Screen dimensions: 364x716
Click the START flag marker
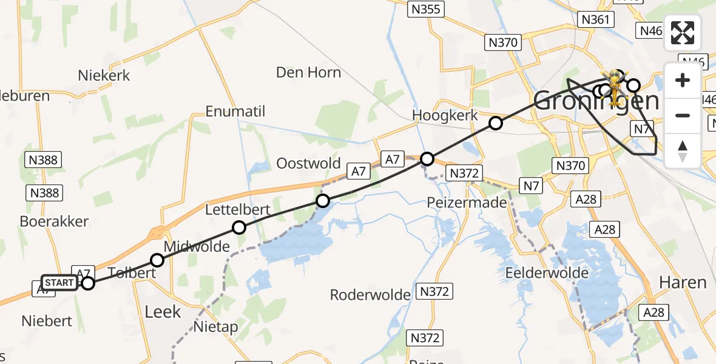(x=59, y=283)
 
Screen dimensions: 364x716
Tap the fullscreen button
(x=683, y=33)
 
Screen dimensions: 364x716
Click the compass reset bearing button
(x=683, y=150)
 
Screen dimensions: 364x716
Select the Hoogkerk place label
(x=445, y=115)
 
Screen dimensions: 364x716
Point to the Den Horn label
(x=308, y=73)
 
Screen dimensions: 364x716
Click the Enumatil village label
(x=235, y=112)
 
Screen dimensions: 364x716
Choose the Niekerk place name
(x=104, y=76)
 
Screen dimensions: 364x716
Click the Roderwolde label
(x=370, y=295)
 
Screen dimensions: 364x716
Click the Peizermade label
(x=467, y=202)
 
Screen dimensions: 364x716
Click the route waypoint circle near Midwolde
(x=157, y=260)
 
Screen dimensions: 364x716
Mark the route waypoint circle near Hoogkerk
(x=496, y=124)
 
